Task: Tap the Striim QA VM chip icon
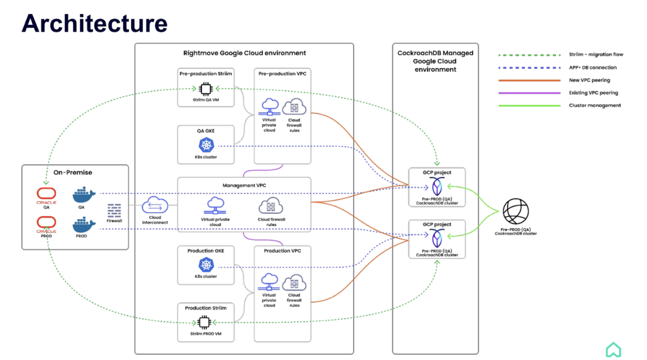204,89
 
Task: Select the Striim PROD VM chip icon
204,322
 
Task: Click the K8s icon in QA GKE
206,145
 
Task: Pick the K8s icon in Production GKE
206,264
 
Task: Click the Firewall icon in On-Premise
114,210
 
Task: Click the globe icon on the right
515,213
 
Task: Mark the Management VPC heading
245,185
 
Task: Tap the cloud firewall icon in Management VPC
271,206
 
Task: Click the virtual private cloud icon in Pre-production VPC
269,107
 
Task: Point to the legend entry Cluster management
595,105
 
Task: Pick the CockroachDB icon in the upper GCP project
436,186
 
